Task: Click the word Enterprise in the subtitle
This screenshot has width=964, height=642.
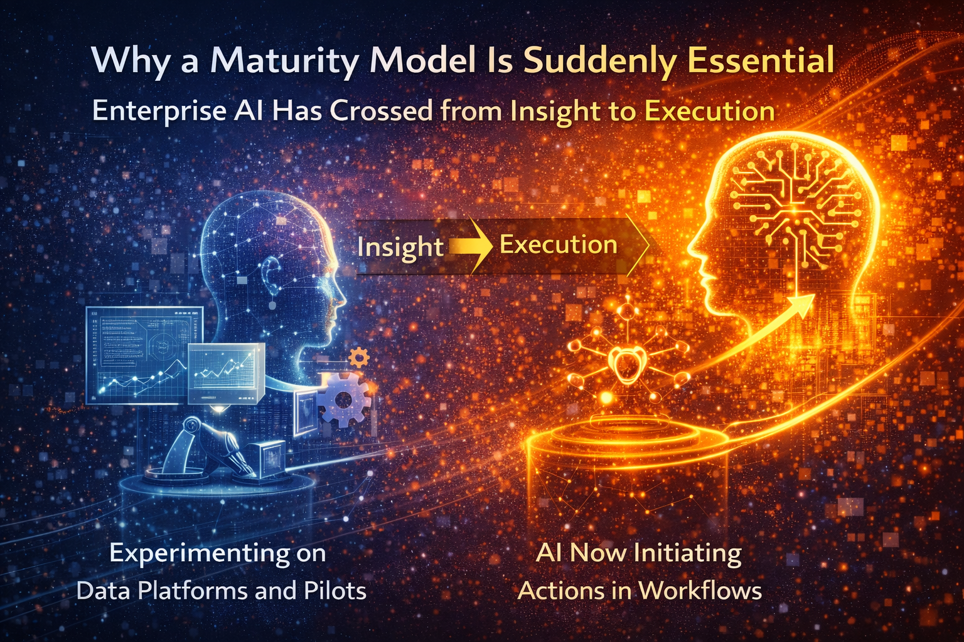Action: [159, 111]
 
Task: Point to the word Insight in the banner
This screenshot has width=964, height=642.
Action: [400, 247]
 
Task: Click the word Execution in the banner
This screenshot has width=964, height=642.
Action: [558, 245]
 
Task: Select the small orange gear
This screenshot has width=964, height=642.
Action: [358, 357]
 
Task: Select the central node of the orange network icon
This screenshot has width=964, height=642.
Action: [624, 364]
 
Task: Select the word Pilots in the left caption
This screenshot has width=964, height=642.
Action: [335, 591]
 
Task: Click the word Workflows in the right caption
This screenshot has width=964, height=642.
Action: [700, 591]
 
